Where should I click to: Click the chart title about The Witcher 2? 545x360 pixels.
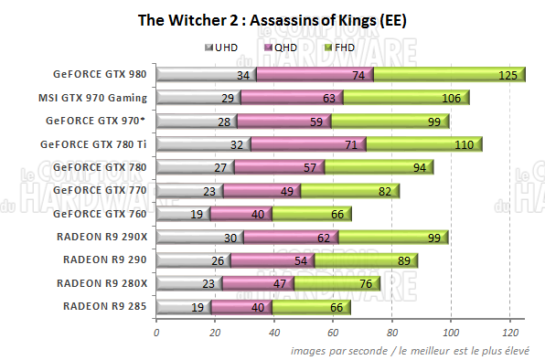(272, 19)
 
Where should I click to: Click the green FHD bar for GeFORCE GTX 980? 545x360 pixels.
(448, 75)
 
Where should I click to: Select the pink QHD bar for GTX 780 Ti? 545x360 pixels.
(308, 143)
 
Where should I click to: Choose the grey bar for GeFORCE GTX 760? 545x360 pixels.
(183, 214)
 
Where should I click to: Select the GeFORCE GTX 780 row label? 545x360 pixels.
(102, 166)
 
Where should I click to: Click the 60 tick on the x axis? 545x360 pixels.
(334, 332)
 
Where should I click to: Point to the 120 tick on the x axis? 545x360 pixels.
(509, 332)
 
